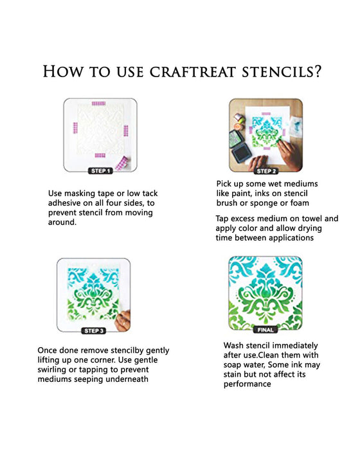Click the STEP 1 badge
point(100,171)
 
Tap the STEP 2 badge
point(265,171)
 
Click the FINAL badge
point(265,329)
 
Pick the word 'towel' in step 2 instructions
point(312,219)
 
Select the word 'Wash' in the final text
point(235,345)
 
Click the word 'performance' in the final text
point(248,384)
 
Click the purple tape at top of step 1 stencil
point(100,104)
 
